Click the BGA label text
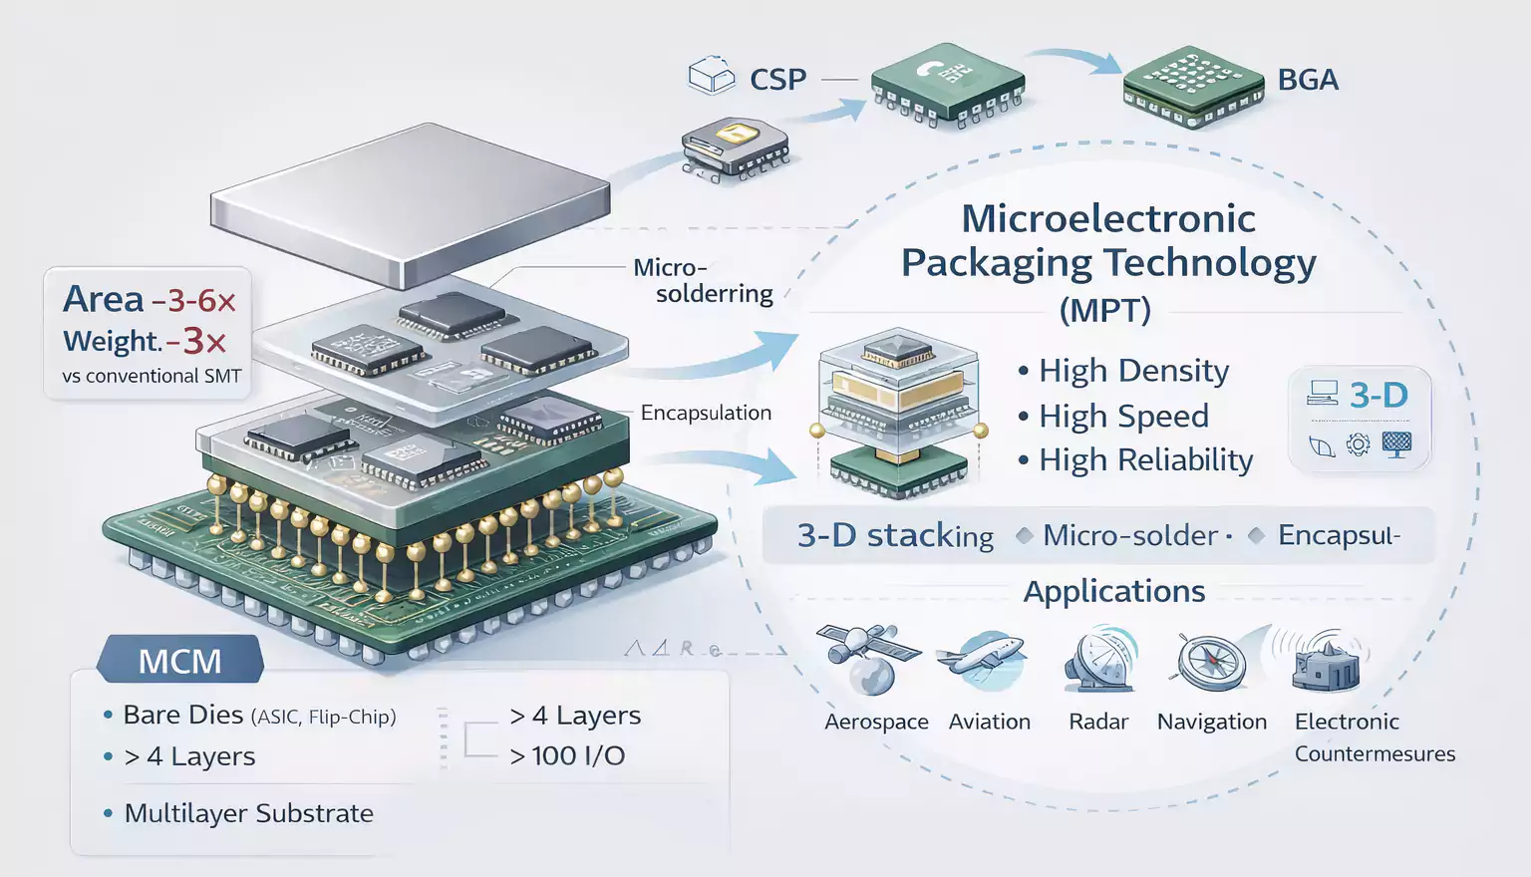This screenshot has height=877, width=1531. tap(1307, 80)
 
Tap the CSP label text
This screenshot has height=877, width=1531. tap(777, 80)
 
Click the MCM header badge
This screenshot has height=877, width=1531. tap(179, 661)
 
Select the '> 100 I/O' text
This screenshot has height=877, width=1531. tap(567, 755)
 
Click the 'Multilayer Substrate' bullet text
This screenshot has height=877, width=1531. tap(248, 813)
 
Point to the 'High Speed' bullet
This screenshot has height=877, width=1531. tap(1123, 416)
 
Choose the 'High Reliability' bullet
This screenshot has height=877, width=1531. tap(1145, 460)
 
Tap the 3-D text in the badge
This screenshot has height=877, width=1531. tap(1378, 396)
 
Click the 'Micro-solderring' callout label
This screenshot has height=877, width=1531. tap(704, 281)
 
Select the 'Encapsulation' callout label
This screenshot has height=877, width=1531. tap(706, 413)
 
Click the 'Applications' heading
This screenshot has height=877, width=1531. tap(1114, 591)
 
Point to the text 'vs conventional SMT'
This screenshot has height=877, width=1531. tap(152, 376)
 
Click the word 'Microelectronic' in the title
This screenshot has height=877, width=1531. tap(1107, 218)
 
